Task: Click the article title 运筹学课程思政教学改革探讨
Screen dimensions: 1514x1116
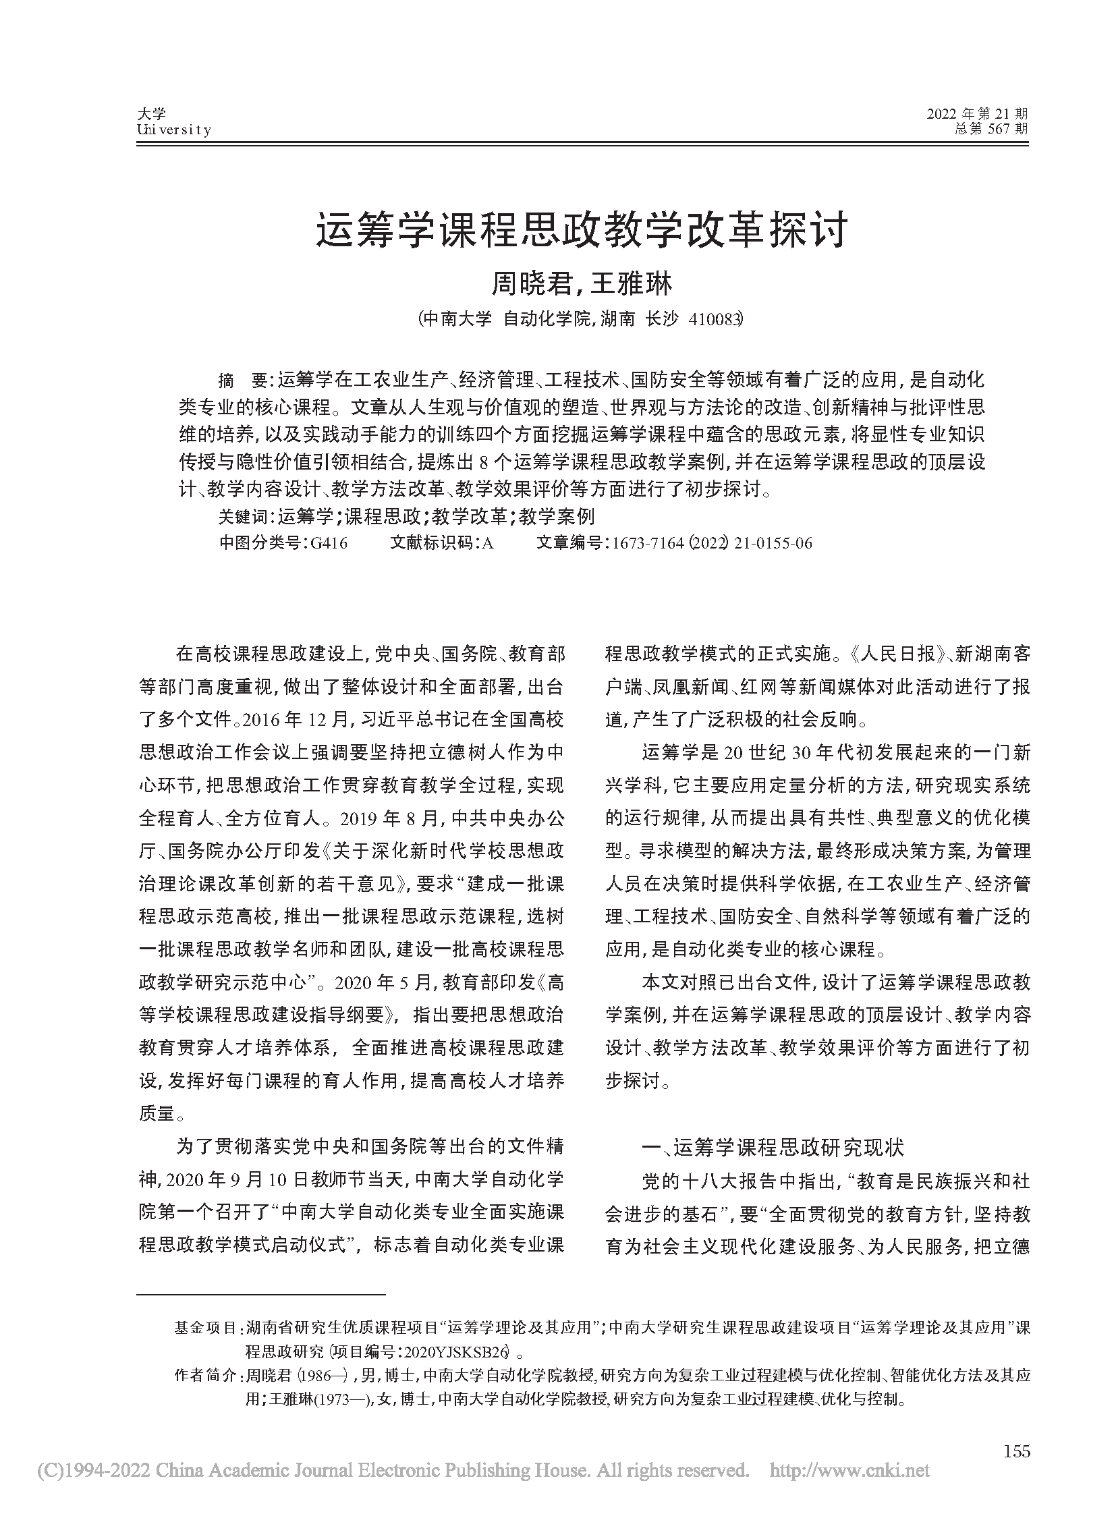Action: [x=582, y=231]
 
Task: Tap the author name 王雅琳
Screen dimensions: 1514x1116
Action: [x=632, y=284]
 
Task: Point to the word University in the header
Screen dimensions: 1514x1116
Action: [x=174, y=130]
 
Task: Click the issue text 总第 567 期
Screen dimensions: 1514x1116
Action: [x=991, y=128]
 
